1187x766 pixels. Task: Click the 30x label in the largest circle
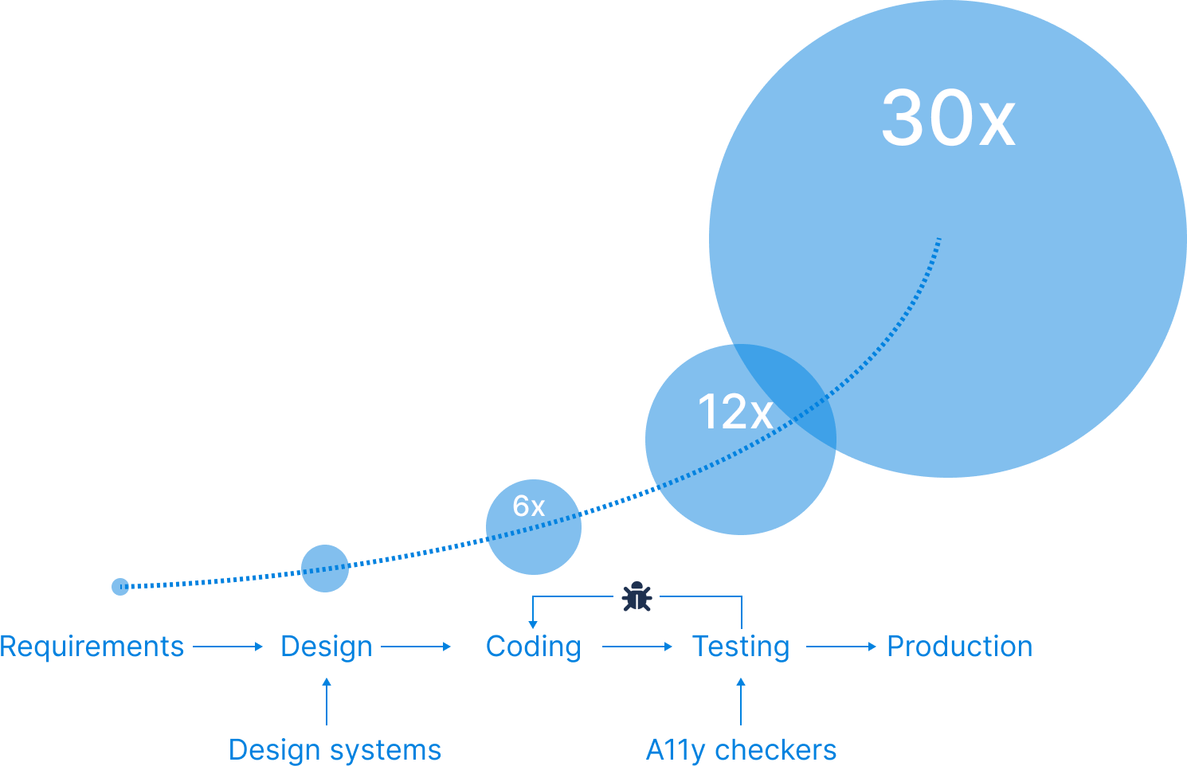click(948, 118)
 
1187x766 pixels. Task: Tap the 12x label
click(735, 412)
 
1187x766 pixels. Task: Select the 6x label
click(529, 506)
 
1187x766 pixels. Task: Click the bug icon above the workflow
click(637, 596)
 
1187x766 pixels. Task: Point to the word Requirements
click(92, 647)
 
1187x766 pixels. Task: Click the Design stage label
click(327, 647)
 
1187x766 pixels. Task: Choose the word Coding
click(533, 647)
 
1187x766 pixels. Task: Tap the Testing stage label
click(741, 647)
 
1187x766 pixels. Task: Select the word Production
click(959, 647)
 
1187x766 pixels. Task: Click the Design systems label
click(335, 750)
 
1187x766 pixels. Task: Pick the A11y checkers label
click(741, 750)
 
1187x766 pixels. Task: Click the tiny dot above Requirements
click(120, 587)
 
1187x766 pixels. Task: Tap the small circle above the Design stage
click(325, 569)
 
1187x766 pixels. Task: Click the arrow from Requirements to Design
click(228, 647)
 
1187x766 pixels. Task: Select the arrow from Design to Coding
click(416, 647)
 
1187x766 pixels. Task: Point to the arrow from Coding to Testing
click(637, 647)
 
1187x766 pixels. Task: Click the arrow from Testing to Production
click(841, 647)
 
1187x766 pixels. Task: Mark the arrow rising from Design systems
click(327, 701)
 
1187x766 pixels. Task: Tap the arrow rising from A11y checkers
click(741, 701)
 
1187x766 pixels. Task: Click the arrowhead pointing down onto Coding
click(533, 624)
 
